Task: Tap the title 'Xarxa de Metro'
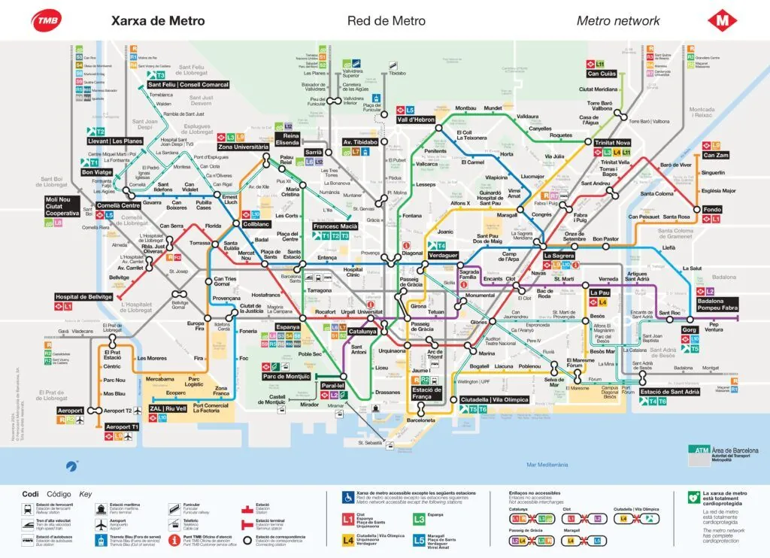158,21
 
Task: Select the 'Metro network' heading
618,21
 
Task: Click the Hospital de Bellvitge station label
83,297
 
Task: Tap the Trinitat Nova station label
612,143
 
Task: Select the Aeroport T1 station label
123,427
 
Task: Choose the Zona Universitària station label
243,147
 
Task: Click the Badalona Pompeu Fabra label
718,305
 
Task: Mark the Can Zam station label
716,156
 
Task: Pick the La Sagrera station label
559,256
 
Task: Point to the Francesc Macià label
335,226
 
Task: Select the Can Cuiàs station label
602,74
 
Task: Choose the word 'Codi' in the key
30,494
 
